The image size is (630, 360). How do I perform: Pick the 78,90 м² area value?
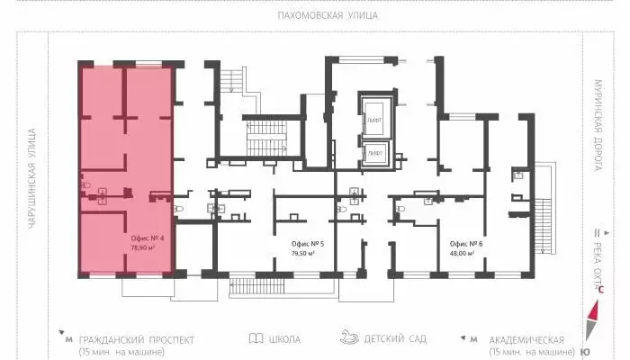pos(143,247)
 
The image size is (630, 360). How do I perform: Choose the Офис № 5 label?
pos(308,244)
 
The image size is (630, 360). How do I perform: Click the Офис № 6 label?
pos(465,244)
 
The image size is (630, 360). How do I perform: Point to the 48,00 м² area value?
pos(465,254)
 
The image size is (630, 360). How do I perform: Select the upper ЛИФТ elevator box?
pos(373,120)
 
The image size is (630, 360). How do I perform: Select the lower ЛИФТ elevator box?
pos(373,153)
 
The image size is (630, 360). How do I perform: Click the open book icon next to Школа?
pos(256,339)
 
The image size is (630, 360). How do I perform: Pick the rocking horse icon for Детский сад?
pos(349,338)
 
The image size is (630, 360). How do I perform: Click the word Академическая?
pos(527,339)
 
